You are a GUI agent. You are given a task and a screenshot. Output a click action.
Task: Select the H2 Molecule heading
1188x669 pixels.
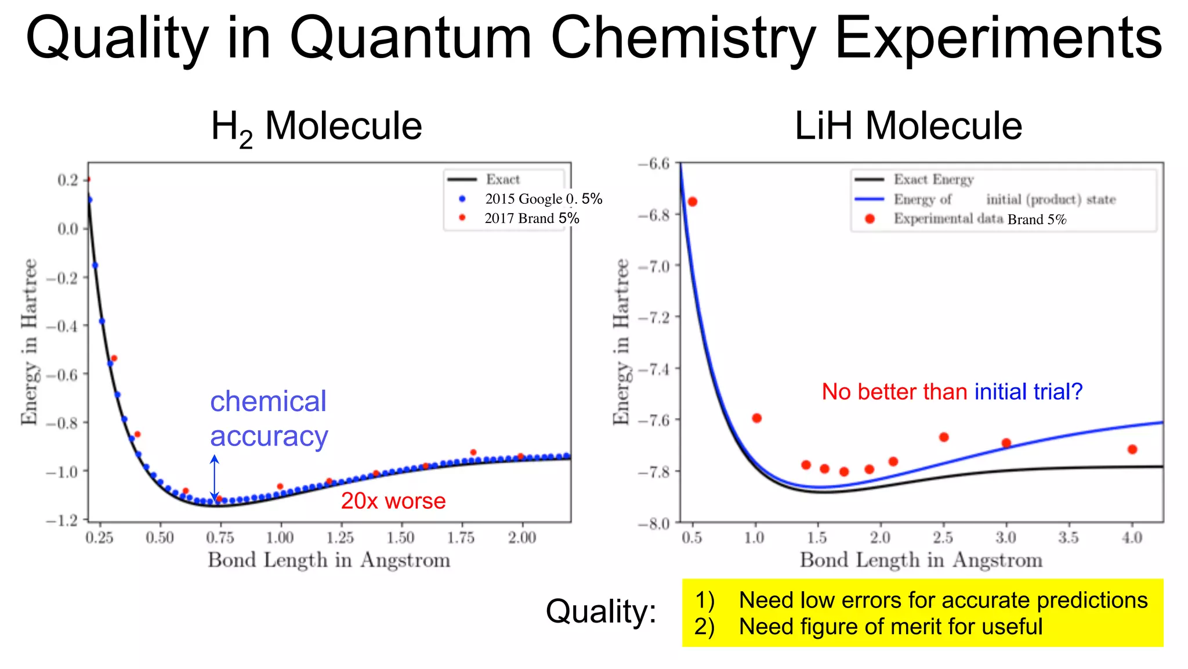coord(316,127)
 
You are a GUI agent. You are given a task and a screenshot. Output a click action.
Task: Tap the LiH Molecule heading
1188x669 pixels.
coord(907,126)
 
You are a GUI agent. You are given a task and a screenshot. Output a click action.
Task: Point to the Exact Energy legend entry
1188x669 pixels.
coord(933,179)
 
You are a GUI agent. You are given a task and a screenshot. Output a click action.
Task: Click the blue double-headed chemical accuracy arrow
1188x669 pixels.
coord(215,477)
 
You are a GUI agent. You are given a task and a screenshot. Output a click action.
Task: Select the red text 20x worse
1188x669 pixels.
coord(393,501)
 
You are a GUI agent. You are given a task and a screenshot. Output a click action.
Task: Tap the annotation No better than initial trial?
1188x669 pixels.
coord(951,392)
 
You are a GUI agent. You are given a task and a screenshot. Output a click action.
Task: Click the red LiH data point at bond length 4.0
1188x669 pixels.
coord(1132,449)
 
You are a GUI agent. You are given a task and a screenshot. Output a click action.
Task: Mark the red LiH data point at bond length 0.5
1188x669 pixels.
coord(692,202)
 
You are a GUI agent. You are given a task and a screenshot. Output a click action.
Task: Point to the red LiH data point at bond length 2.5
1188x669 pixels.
coord(944,437)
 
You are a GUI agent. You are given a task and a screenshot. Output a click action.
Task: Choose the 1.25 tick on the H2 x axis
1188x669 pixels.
coord(340,538)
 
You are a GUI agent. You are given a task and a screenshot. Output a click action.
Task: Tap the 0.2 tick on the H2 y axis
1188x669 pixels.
coord(67,180)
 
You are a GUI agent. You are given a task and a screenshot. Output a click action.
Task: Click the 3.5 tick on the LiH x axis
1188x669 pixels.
coord(1068,538)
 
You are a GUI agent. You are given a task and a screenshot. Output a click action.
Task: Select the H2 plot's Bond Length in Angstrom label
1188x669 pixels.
coord(329,560)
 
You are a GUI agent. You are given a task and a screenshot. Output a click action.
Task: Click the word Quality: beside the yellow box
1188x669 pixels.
coord(601,612)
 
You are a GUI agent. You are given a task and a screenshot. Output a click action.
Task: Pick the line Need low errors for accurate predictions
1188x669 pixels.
coord(943,600)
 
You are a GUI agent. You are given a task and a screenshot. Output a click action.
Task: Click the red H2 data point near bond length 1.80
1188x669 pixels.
coord(473,452)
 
